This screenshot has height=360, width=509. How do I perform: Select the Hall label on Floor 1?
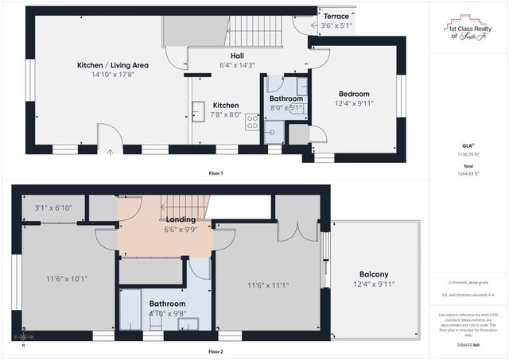click(x=237, y=56)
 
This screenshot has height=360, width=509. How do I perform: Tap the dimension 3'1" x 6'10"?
click(x=53, y=208)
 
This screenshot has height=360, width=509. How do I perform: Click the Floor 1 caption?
click(x=215, y=173)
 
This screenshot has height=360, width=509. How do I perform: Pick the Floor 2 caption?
click(x=215, y=351)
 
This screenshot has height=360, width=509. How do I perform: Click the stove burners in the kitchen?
click(x=252, y=122)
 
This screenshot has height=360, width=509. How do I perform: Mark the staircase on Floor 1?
click(x=256, y=31)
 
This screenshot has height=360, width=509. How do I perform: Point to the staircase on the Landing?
click(x=183, y=206)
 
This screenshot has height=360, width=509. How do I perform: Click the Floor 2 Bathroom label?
click(x=168, y=304)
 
